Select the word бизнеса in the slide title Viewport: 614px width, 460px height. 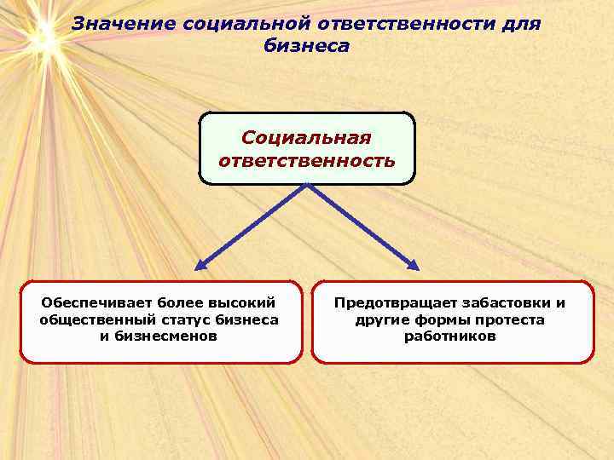pyautogui.click(x=306, y=46)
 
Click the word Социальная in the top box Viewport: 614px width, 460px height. pyautogui.click(x=306, y=138)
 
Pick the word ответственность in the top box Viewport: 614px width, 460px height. pyautogui.click(x=306, y=160)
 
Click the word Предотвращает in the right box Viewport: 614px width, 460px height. pyautogui.click(x=392, y=303)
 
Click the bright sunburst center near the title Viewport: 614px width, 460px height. pyautogui.click(x=39, y=35)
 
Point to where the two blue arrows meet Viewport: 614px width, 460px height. pyautogui.click(x=307, y=186)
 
